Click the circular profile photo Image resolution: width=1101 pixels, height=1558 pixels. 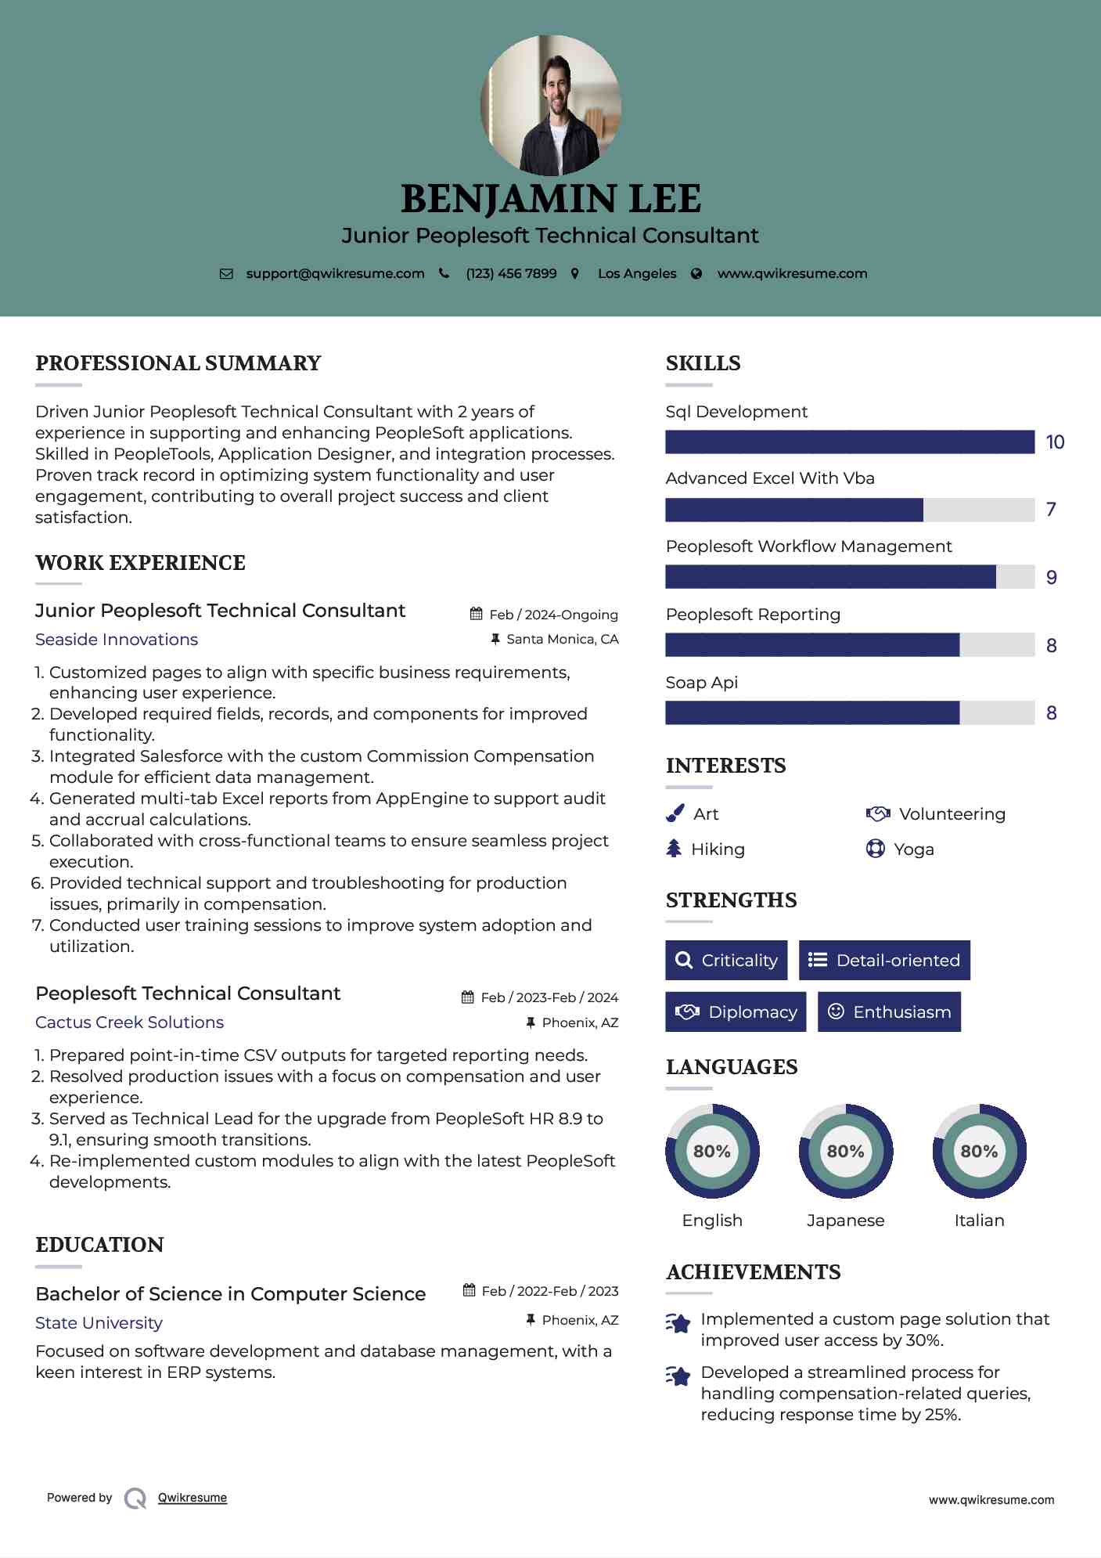(550, 105)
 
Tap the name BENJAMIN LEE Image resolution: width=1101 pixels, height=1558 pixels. (550, 199)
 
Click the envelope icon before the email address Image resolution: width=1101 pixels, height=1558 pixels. (226, 274)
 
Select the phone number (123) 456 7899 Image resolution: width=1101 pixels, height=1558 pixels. (511, 274)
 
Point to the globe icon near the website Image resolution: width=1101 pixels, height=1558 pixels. (696, 274)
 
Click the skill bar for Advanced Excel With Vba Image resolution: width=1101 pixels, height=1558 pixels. (849, 510)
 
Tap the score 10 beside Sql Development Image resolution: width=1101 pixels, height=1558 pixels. (1055, 442)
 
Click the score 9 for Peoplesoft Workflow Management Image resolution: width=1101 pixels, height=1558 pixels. (1051, 578)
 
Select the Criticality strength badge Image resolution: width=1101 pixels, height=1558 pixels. (726, 960)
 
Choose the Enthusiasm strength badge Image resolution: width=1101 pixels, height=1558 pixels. (889, 1012)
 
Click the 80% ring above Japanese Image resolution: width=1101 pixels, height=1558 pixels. (845, 1151)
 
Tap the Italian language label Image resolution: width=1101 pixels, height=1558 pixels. (979, 1220)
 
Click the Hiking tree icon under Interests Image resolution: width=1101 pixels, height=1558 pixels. (674, 849)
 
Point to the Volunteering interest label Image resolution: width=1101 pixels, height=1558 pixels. (952, 814)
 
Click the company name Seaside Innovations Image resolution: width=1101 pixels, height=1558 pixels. (117, 640)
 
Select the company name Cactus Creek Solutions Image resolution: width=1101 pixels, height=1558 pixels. (129, 1022)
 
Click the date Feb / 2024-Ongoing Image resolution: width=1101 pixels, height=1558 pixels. (553, 615)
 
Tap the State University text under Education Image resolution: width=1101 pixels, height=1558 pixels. (99, 1323)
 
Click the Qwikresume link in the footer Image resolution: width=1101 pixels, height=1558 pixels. (192, 1498)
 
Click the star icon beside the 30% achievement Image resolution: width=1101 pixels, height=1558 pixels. (678, 1323)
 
